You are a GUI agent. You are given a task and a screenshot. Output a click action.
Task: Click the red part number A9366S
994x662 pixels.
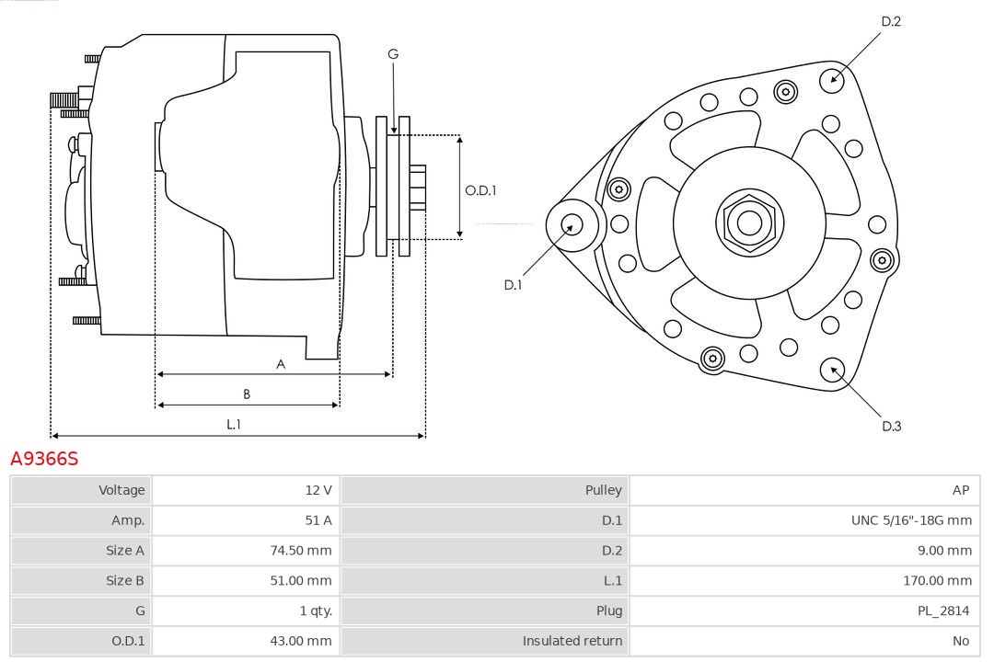(x=44, y=458)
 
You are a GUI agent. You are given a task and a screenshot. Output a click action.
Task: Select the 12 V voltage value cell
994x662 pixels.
(x=318, y=490)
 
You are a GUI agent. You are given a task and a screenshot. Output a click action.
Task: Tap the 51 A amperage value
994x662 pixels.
(x=318, y=520)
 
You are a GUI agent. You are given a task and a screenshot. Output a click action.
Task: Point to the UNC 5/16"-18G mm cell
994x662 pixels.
(x=911, y=520)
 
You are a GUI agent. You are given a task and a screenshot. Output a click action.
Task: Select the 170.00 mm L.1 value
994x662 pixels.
(x=937, y=580)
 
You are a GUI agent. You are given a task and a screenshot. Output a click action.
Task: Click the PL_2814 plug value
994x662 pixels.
(x=944, y=611)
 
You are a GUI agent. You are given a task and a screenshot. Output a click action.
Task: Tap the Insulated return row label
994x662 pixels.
(x=572, y=641)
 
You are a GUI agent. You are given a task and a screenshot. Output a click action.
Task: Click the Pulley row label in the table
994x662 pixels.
(x=604, y=490)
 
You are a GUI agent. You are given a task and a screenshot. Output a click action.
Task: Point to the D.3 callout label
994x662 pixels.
(x=891, y=426)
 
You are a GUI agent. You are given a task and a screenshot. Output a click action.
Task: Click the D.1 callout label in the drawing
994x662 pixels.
(x=513, y=285)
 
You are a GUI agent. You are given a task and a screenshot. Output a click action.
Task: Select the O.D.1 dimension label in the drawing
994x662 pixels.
(x=480, y=191)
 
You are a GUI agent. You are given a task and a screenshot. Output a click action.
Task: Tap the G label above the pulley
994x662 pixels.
(x=393, y=54)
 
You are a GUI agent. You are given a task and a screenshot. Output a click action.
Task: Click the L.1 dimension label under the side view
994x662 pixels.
(x=234, y=424)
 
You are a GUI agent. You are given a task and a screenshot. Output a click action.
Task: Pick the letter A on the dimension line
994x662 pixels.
(x=281, y=364)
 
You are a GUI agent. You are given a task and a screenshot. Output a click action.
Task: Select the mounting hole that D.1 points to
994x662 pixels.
(x=572, y=223)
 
